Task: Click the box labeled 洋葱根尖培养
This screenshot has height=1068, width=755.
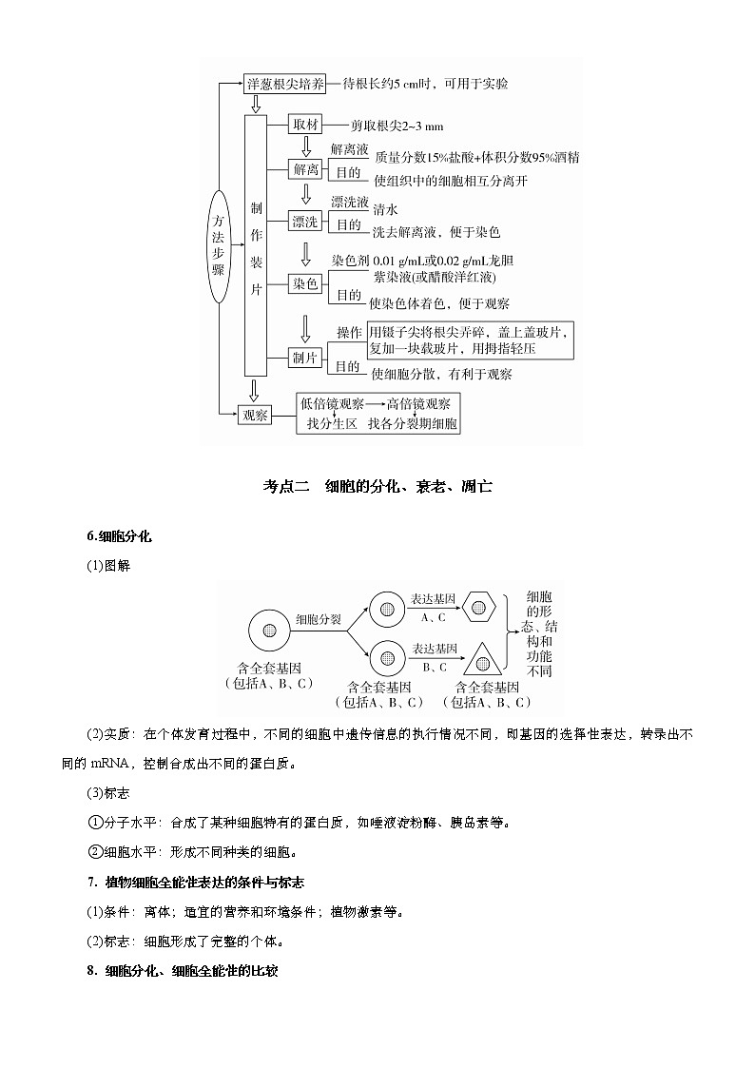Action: pyautogui.click(x=285, y=84)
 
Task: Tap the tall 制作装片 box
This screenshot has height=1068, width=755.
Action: pyautogui.click(x=255, y=247)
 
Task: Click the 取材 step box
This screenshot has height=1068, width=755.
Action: pyautogui.click(x=306, y=126)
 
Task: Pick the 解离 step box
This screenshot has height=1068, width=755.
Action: pyautogui.click(x=306, y=169)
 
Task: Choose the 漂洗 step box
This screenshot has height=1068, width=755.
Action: pyautogui.click(x=306, y=222)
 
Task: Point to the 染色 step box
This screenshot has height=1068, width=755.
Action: pyautogui.click(x=306, y=284)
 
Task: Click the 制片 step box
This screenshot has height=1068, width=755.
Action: pyautogui.click(x=306, y=357)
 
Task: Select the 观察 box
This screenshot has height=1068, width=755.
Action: pyautogui.click(x=255, y=415)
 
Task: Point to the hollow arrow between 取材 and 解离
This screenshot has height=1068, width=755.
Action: pyautogui.click(x=306, y=146)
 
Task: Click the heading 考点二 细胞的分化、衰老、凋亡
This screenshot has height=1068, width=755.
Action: pyautogui.click(x=377, y=487)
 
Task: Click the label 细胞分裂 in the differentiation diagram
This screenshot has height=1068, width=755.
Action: pyautogui.click(x=318, y=618)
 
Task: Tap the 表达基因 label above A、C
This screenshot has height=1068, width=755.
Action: pyautogui.click(x=433, y=600)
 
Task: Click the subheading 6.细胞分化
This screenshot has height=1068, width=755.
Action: pyautogui.click(x=119, y=536)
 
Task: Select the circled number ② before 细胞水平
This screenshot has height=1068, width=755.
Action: pyautogui.click(x=94, y=852)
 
